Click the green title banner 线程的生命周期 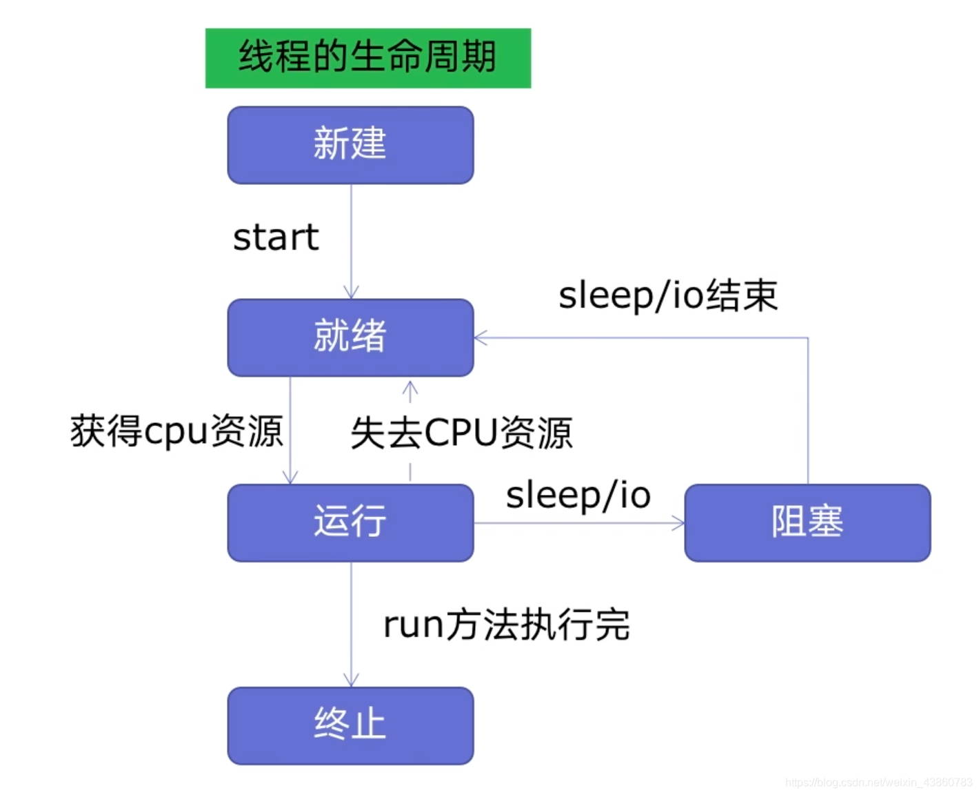tap(367, 58)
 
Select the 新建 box tap(350, 145)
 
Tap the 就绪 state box tap(350, 337)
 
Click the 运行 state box tap(350, 522)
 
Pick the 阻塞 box tap(807, 522)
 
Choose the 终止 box tap(350, 725)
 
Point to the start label tap(276, 237)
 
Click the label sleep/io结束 tap(667, 295)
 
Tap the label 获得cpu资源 tap(176, 432)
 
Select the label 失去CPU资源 tap(461, 433)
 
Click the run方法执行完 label tap(506, 625)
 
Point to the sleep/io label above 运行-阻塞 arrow tap(578, 495)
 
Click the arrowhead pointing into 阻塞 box tap(679, 523)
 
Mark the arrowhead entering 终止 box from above tap(351, 680)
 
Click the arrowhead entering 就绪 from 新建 tap(351, 293)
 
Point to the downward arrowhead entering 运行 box tap(290, 477)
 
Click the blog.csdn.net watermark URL tap(878, 783)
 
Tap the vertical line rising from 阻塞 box tap(807, 414)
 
